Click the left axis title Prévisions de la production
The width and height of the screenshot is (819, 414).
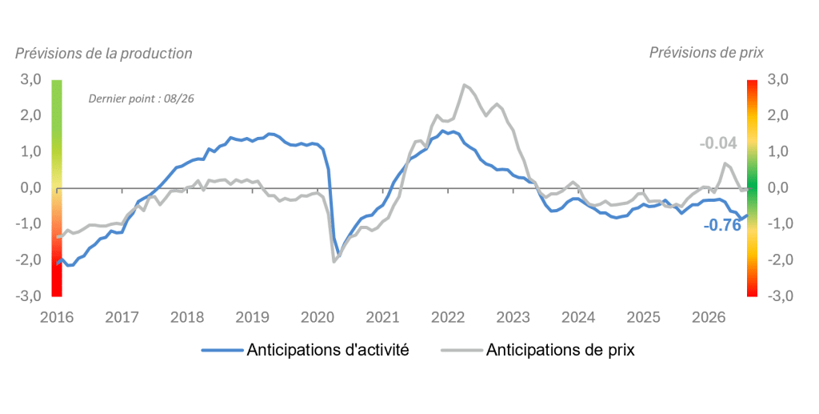103,54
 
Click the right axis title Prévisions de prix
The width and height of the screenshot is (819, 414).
706,53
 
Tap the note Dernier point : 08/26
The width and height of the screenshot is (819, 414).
141,98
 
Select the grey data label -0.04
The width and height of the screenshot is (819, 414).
718,143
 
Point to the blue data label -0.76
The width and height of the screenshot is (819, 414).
722,225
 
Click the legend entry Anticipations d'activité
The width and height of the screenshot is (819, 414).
306,350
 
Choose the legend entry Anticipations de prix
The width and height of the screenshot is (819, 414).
538,350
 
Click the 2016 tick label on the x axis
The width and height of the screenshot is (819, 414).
57,317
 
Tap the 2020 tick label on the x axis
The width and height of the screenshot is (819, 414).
318,317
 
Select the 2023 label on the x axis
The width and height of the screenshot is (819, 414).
513,317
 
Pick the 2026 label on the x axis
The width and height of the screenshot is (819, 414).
709,317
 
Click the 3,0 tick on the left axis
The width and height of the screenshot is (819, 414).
31,79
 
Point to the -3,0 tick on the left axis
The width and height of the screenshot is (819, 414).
29,295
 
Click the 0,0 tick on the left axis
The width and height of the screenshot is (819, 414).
31,187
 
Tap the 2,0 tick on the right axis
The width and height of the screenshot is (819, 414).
778,115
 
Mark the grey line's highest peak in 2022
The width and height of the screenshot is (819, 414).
464,85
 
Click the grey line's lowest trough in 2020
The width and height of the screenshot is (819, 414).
334,261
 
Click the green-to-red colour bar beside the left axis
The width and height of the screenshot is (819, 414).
57,187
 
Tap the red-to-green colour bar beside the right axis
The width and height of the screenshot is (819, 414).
752,187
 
